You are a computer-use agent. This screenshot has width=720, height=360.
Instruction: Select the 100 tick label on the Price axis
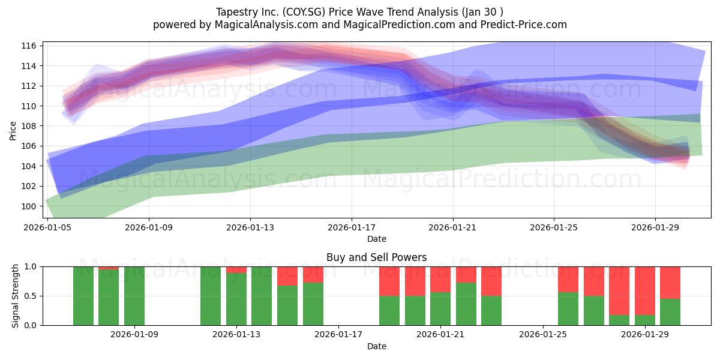29,206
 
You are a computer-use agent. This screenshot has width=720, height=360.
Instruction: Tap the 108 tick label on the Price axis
29,126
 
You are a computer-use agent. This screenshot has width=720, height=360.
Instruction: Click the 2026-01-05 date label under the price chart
47,227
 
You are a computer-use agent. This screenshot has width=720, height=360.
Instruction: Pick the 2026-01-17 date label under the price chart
352,227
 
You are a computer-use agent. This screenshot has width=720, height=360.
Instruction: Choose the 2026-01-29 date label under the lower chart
645,334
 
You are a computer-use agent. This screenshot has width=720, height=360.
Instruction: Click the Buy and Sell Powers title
376,257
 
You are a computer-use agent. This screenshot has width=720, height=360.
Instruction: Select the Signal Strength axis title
15,296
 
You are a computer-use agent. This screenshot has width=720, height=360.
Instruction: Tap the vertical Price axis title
13,131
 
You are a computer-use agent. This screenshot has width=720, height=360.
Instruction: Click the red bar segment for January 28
619,291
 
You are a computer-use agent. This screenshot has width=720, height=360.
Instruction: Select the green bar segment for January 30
670,312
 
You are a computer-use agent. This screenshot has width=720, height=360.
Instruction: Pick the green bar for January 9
134,296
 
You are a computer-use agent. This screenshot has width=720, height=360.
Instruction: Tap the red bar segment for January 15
287,276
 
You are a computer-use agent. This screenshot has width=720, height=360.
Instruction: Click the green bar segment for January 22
466,304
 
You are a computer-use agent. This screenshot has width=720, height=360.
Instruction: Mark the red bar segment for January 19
389,281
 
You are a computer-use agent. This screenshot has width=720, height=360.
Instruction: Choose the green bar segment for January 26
568,309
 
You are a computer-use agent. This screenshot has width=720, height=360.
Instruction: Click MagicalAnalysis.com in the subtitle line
266,25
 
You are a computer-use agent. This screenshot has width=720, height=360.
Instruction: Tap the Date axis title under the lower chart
377,346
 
